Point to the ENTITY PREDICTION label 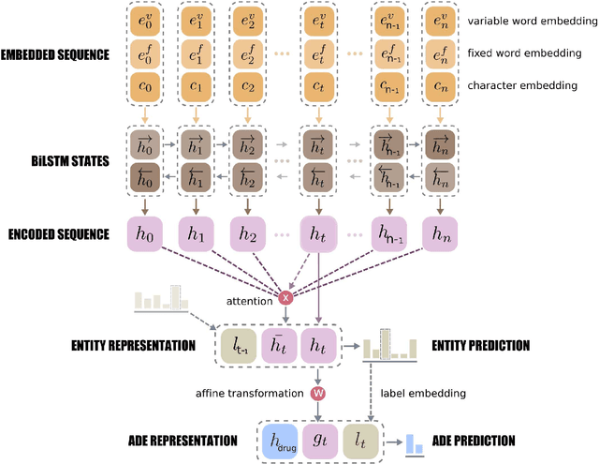(x=480, y=346)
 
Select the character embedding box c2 (x=247, y=90)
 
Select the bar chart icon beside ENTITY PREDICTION (x=387, y=346)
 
